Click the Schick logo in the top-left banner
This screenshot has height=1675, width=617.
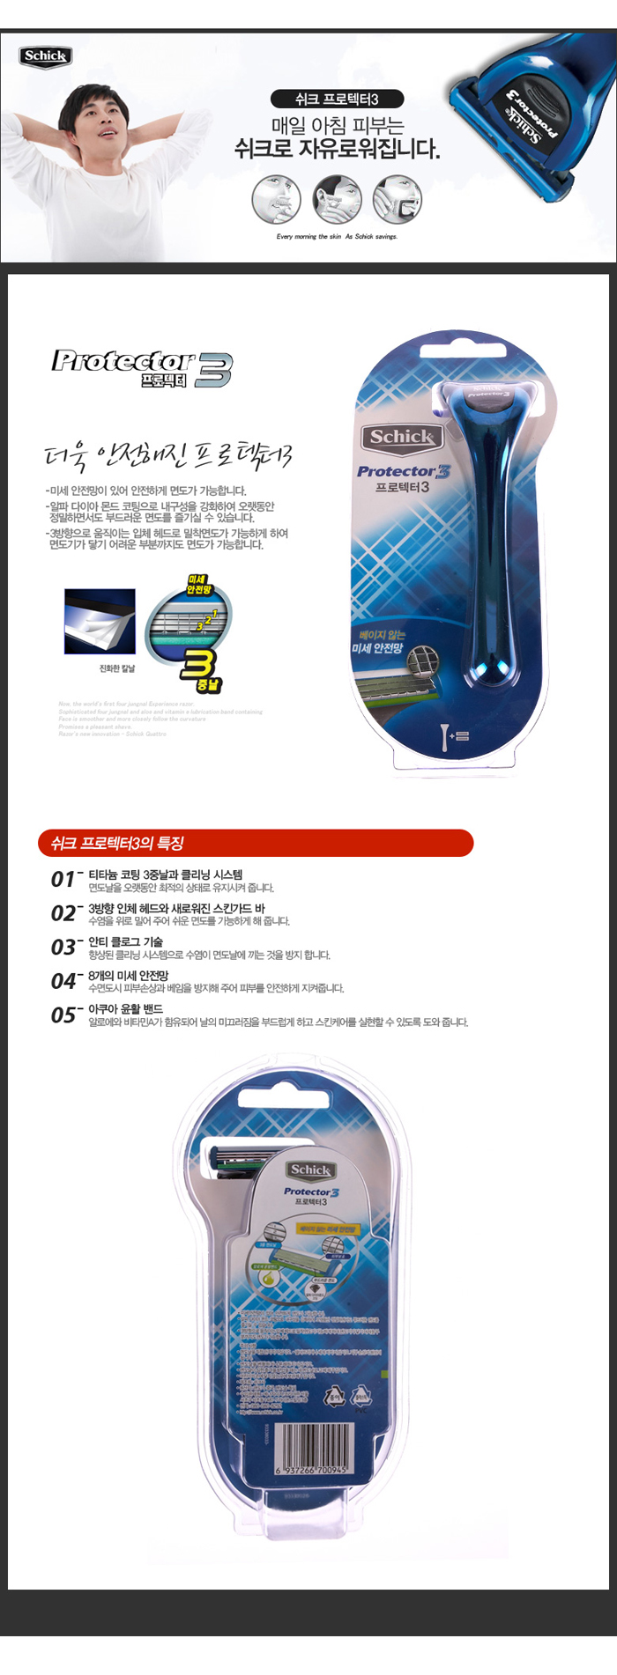click(45, 56)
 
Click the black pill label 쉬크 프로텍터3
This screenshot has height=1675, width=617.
click(337, 99)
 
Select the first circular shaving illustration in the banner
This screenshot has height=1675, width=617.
click(277, 199)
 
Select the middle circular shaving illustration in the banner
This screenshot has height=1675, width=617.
click(337, 199)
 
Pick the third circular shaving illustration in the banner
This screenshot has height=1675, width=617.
click(397, 199)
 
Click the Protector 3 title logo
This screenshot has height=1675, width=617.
click(141, 367)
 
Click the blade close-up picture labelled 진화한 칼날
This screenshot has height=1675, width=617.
click(100, 622)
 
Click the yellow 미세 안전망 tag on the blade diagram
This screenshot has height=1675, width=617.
click(198, 585)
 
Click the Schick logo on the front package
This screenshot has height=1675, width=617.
click(401, 437)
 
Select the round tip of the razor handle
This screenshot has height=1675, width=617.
click(494, 672)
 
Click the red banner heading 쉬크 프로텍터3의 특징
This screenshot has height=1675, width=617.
click(256, 843)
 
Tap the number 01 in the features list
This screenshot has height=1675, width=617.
click(63, 879)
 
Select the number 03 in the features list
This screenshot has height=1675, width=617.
click(63, 948)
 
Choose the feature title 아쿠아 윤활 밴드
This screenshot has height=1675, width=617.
click(125, 1009)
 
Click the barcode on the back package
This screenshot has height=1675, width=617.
click(313, 1449)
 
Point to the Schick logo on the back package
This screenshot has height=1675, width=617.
click(310, 1170)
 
